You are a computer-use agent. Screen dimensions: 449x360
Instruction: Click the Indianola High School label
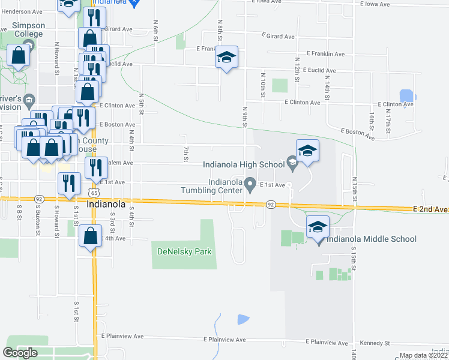pyautogui.click(x=243, y=164)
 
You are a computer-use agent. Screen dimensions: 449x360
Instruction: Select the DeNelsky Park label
pyautogui.click(x=185, y=251)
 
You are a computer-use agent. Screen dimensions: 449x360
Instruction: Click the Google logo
pyautogui.click(x=20, y=353)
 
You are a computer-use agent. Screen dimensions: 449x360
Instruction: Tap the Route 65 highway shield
pyautogui.click(x=93, y=193)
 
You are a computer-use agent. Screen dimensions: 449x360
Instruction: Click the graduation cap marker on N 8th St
pyautogui.click(x=226, y=58)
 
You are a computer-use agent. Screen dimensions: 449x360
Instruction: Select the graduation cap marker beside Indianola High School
pyautogui.click(x=307, y=151)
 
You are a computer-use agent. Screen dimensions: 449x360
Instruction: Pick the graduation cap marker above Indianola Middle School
pyautogui.click(x=318, y=227)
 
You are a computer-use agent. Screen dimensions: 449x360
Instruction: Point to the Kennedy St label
pyautogui.click(x=376, y=343)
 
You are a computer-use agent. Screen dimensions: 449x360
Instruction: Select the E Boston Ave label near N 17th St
pyautogui.click(x=358, y=134)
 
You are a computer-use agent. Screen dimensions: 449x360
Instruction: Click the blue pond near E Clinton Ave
pyautogui.click(x=407, y=95)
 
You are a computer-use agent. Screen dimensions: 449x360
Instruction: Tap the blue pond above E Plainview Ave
pyautogui.click(x=243, y=319)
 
